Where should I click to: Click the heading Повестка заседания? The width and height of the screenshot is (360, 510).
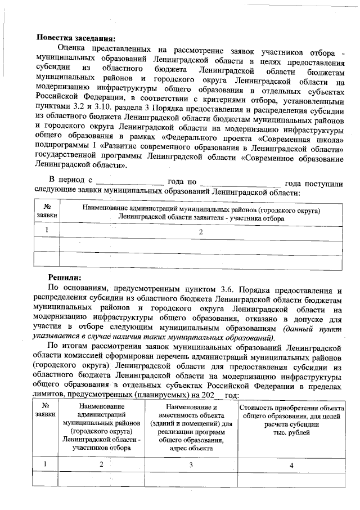(75, 39)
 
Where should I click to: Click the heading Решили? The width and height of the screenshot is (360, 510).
(65, 277)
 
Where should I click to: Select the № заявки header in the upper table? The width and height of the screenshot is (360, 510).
(47, 211)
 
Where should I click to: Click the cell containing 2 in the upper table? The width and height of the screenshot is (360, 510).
(200, 231)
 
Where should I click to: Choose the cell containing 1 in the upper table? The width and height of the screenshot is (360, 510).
(47, 230)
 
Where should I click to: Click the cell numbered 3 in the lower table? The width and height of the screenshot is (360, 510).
(191, 464)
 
